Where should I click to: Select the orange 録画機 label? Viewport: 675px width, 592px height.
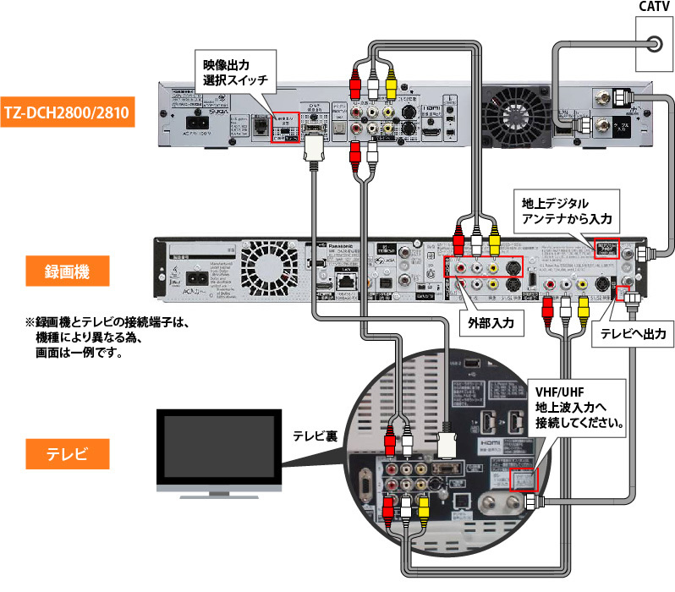coord(67,272)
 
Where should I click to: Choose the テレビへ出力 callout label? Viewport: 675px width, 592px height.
coord(633,333)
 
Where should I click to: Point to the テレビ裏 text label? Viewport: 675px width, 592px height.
coord(316,436)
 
